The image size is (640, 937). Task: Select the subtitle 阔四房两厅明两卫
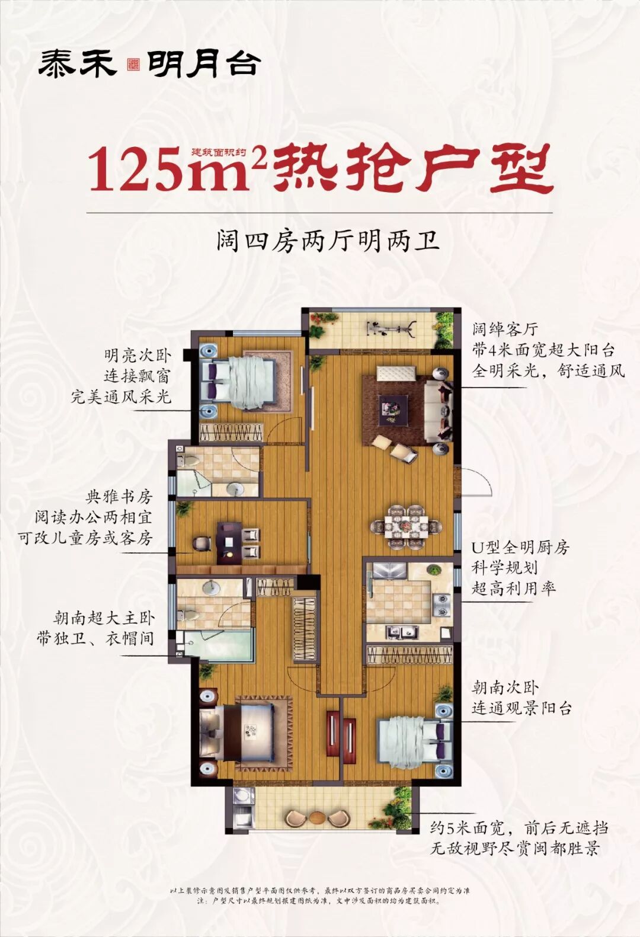(x=328, y=242)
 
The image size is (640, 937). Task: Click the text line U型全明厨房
(x=520, y=547)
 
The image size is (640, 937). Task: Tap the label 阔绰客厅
(x=505, y=330)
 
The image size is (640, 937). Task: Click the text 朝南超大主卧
(x=104, y=619)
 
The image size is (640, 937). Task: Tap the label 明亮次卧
(x=137, y=356)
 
